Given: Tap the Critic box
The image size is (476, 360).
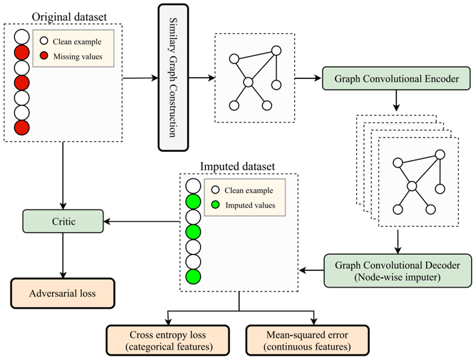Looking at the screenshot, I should click(x=63, y=221).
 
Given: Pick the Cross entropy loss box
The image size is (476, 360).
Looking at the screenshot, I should click(x=168, y=341).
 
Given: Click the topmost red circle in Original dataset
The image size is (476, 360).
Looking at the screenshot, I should click(x=21, y=52).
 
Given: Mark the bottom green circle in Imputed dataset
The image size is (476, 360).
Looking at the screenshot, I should click(x=193, y=277).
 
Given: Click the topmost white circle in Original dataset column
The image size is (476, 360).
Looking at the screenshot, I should click(x=21, y=36).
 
